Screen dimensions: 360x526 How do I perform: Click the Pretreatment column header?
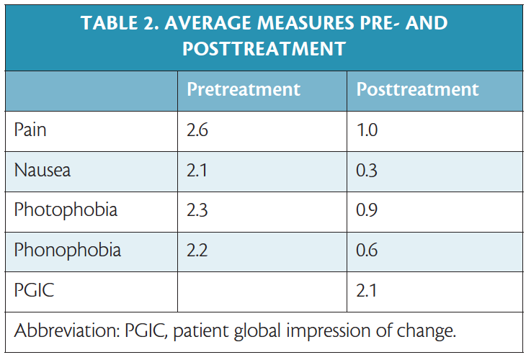[x=243, y=90]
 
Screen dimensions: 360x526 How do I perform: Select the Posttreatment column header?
[x=417, y=90]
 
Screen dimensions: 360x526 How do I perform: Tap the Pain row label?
[x=30, y=131]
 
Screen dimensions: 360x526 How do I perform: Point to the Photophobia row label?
[x=66, y=211]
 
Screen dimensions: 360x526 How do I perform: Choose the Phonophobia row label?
[x=68, y=251]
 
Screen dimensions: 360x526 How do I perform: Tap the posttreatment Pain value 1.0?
[x=367, y=131]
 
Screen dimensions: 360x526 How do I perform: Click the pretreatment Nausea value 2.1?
[x=197, y=171]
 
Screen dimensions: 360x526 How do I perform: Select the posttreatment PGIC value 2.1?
[x=367, y=291]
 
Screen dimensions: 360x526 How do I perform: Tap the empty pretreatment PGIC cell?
[x=262, y=291]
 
